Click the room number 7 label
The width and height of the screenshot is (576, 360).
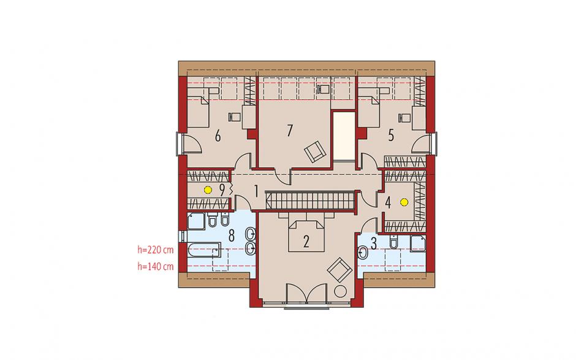[x=290, y=131]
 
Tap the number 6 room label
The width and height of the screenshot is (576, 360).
[x=218, y=137]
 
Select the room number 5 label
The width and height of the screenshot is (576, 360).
[x=391, y=136]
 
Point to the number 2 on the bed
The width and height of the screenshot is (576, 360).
[x=306, y=242]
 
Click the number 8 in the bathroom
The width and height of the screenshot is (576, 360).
[x=232, y=236]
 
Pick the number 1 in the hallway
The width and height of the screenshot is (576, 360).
[x=256, y=191]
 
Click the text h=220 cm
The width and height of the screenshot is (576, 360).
[x=156, y=250]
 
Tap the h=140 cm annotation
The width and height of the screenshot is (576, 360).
[x=156, y=267]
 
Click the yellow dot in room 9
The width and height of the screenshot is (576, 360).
[x=208, y=190]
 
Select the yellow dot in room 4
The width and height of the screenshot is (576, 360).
[x=404, y=202]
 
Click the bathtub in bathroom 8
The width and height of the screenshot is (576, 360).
[x=203, y=250]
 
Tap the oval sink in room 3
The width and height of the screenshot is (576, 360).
[x=363, y=253]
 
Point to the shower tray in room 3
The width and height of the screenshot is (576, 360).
[x=418, y=243]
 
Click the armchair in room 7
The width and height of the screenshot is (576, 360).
[x=315, y=151]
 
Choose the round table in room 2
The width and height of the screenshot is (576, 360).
[x=340, y=291]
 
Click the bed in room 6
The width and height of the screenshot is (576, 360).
[x=198, y=111]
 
